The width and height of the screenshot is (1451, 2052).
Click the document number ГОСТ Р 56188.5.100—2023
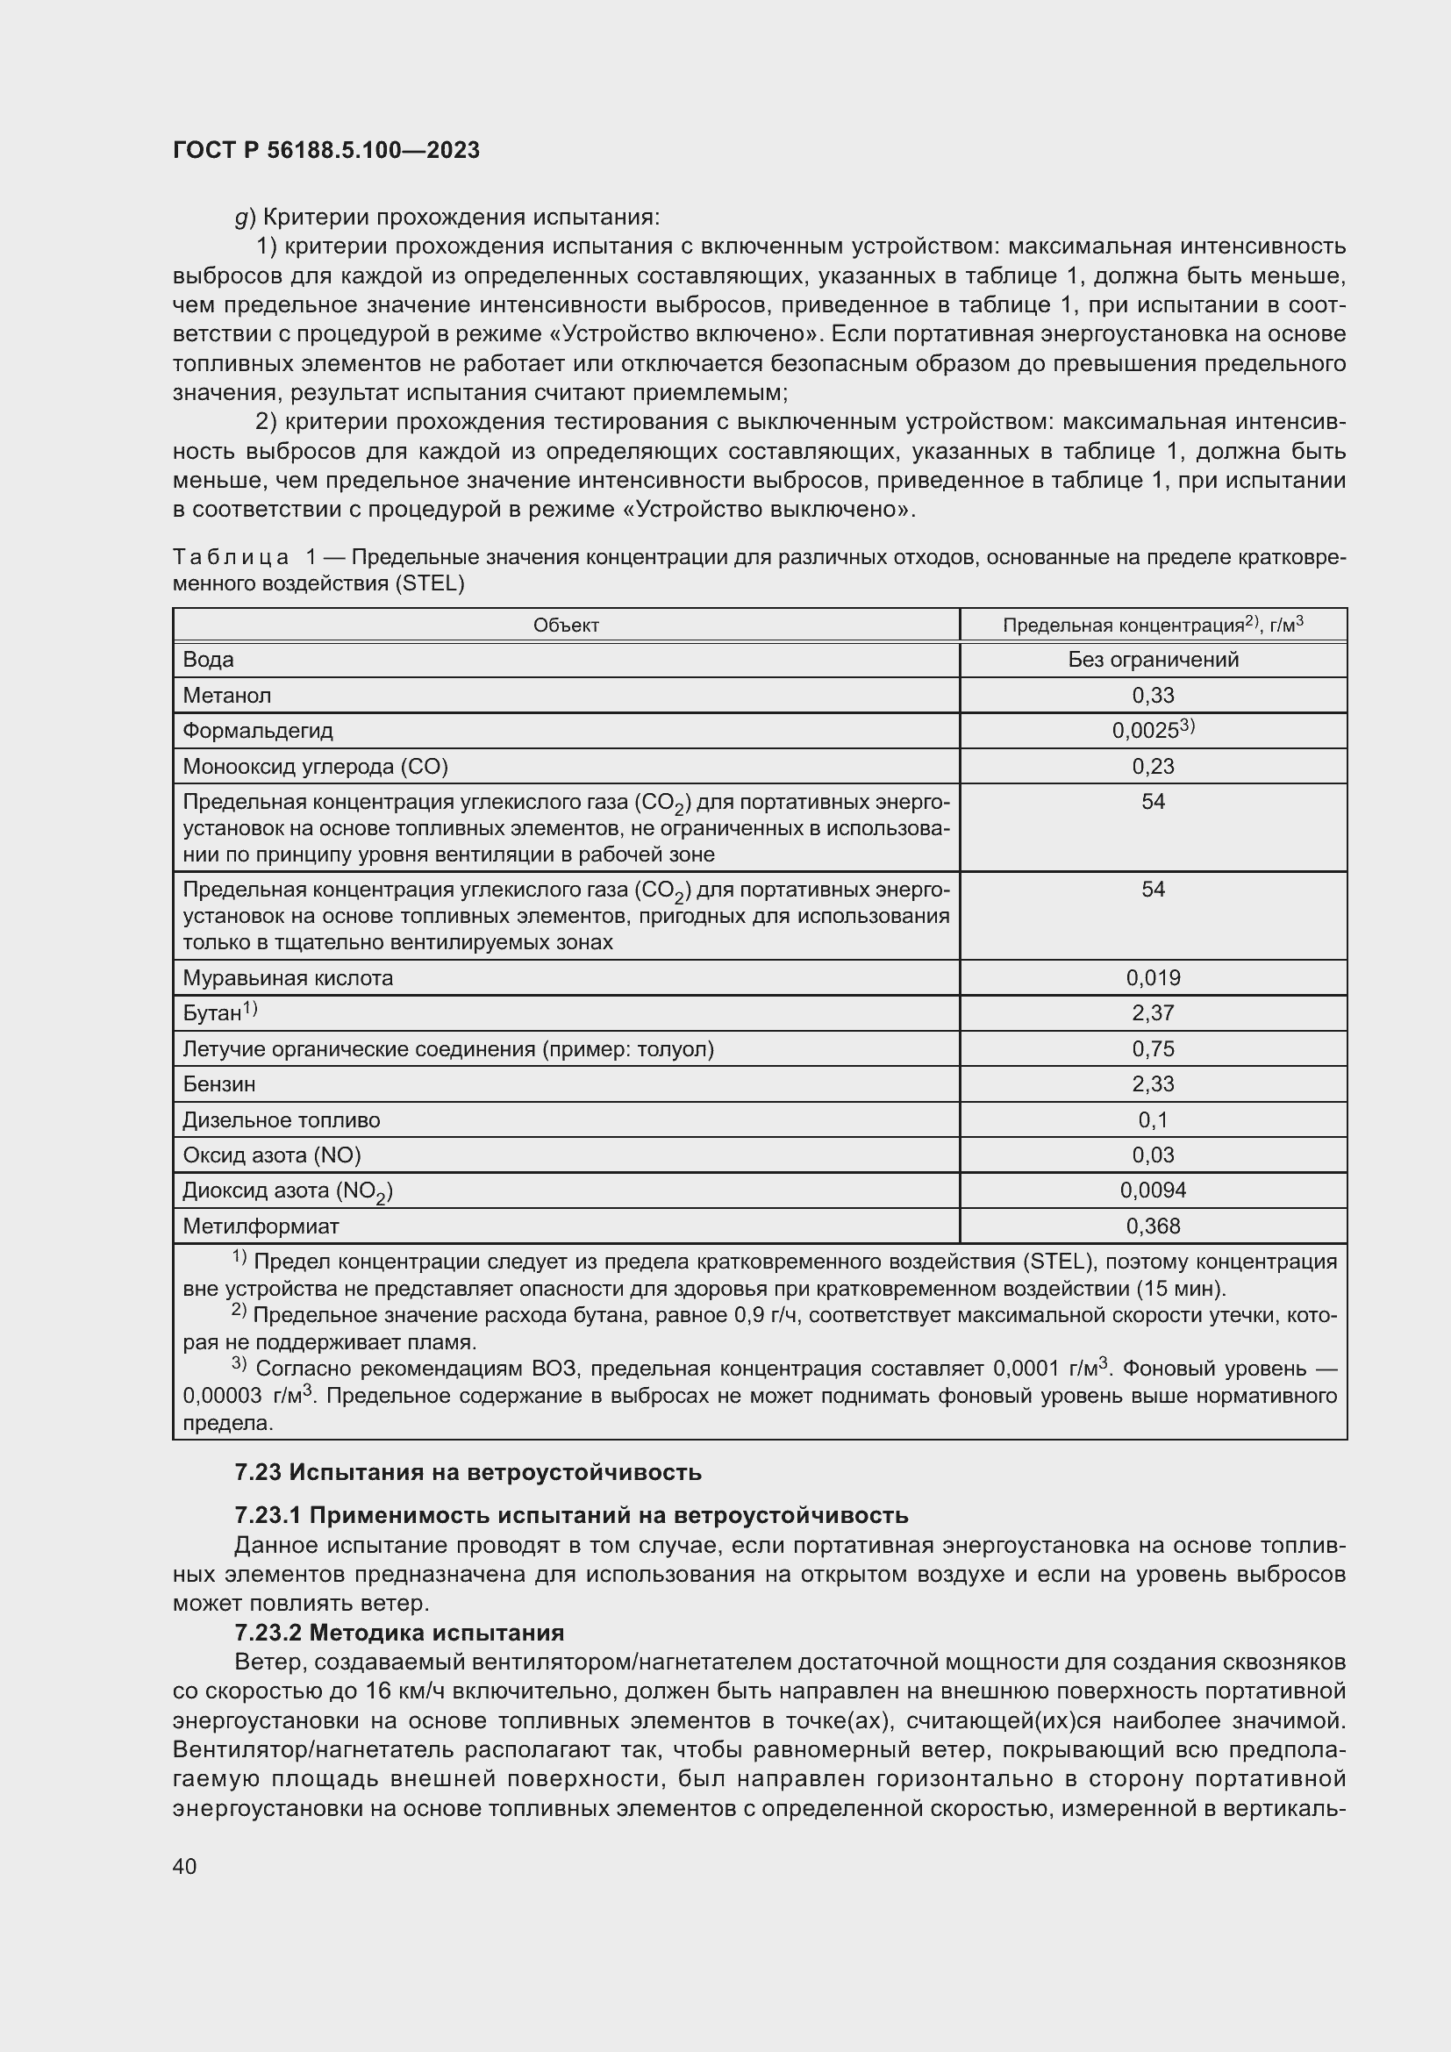tap(326, 150)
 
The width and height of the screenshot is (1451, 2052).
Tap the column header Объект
tap(566, 626)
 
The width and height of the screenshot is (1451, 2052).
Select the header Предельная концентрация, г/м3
tap(1153, 625)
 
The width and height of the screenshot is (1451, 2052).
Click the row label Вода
tap(208, 660)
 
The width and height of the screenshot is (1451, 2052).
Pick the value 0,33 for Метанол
tap(1153, 696)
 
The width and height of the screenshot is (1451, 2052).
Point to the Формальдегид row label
tap(257, 731)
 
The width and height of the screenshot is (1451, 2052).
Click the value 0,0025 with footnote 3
tap(1152, 730)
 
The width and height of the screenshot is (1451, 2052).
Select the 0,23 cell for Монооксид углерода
tap(1153, 766)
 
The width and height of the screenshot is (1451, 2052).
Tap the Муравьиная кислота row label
tap(288, 977)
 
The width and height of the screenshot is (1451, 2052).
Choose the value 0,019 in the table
tap(1153, 977)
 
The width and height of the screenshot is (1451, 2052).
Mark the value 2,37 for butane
tap(1153, 1012)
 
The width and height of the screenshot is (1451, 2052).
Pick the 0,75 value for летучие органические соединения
tap(1153, 1048)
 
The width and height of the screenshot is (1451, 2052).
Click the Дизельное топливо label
tap(282, 1119)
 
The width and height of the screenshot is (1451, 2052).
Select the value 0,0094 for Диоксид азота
tap(1153, 1190)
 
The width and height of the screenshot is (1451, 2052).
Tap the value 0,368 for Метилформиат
tap(1153, 1226)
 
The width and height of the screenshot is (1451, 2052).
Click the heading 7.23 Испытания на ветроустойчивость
tap(468, 1472)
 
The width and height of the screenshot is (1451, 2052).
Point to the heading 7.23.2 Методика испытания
tap(399, 1633)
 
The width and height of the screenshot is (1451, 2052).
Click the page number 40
tap(185, 1866)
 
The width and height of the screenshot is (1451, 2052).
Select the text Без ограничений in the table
tap(1153, 660)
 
